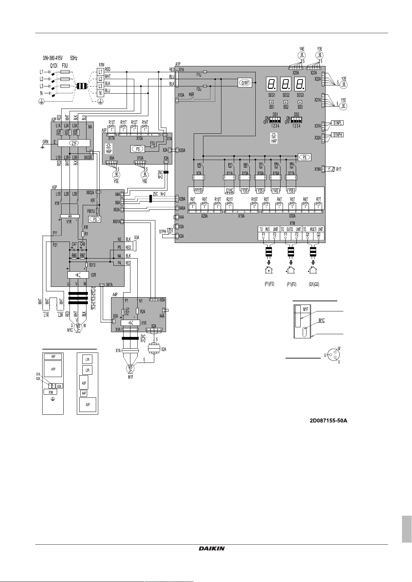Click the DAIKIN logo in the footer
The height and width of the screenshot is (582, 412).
tap(212, 548)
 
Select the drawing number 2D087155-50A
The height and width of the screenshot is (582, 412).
tap(328, 421)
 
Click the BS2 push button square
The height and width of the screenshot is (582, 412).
tap(286, 102)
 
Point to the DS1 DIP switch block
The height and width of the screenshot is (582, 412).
tap(275, 120)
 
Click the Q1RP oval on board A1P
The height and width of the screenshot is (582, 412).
tap(245, 83)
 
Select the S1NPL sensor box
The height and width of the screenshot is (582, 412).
tap(338, 123)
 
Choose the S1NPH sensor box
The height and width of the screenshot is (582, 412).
tap(338, 135)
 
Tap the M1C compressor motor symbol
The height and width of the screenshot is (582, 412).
tap(78, 327)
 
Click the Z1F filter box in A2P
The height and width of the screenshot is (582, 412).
tap(74, 143)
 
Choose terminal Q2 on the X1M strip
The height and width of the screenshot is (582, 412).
tap(319, 235)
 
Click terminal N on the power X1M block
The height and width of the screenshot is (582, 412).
tap(100, 93)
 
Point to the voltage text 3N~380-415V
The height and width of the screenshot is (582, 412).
tap(53, 58)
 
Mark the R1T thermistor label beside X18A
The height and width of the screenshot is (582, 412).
tap(339, 169)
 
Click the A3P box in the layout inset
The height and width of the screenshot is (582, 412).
tap(88, 405)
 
